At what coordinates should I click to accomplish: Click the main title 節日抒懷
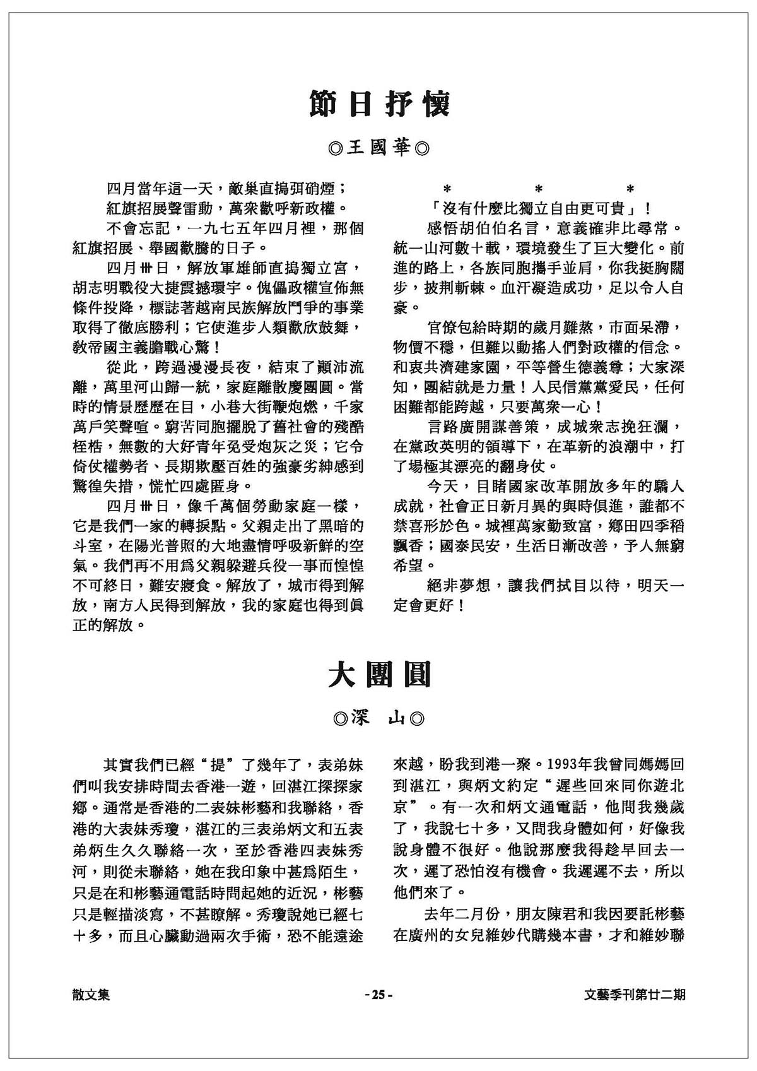379,104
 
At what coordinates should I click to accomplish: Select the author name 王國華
379,149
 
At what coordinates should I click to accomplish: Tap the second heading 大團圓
379,674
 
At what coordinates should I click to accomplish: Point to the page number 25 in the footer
378,995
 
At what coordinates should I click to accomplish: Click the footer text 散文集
91,995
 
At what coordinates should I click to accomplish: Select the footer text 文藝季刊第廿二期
635,995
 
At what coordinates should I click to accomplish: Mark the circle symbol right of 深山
417,719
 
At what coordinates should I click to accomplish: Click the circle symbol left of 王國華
336,150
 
